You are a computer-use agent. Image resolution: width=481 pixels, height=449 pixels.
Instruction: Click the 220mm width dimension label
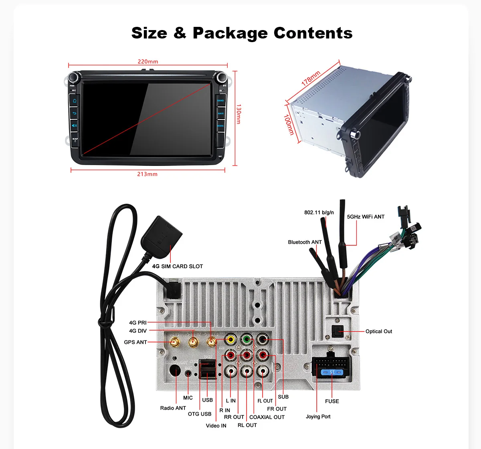[148, 62]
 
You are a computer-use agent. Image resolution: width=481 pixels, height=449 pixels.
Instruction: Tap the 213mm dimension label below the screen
[147, 174]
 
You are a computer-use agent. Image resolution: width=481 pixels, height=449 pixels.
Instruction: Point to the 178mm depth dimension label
[311, 78]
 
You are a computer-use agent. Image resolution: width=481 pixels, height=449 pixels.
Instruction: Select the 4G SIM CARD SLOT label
[177, 266]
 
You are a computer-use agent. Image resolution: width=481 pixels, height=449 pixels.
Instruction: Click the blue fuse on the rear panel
[332, 373]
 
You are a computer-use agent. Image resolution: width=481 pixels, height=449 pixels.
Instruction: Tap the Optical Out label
[378, 332]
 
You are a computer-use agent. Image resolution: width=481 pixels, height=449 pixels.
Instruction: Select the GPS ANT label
[135, 342]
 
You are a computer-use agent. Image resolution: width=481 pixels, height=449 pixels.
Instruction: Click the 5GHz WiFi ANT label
[366, 217]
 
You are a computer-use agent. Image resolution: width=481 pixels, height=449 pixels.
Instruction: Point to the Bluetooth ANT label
[305, 242]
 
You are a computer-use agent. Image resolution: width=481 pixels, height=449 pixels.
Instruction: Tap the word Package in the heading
[230, 33]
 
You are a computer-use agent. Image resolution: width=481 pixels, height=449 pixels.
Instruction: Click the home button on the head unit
[75, 101]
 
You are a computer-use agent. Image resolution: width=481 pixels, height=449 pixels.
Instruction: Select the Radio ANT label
[173, 408]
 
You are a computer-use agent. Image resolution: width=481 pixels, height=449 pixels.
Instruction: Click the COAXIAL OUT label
[267, 417]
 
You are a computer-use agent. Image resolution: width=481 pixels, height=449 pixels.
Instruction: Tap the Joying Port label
[318, 417]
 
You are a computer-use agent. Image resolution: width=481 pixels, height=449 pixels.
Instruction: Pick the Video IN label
[216, 426]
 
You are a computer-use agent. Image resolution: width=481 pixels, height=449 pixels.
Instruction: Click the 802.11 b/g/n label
[319, 212]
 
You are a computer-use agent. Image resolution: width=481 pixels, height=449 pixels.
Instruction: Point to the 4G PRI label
[137, 323]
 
